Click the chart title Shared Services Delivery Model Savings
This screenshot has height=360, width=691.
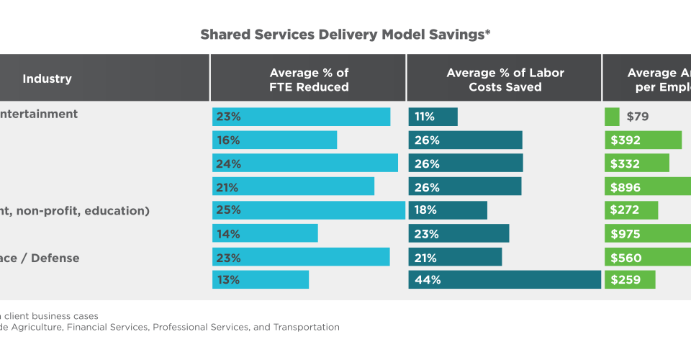(x=345, y=34)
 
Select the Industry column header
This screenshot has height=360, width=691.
(x=48, y=78)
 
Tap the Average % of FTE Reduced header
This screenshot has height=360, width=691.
(x=309, y=79)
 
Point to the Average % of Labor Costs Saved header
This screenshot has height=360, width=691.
(x=505, y=79)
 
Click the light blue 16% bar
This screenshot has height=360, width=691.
(x=275, y=140)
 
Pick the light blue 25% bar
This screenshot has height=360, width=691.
(x=309, y=210)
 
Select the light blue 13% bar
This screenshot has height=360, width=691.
(x=261, y=280)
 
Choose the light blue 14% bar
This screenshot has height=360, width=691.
(x=265, y=233)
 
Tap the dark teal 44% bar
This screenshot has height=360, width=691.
(x=505, y=280)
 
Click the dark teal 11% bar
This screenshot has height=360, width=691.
(x=433, y=117)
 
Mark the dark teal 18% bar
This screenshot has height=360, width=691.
(x=448, y=210)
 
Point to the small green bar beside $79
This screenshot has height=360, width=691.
(x=612, y=117)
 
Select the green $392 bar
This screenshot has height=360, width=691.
(x=643, y=140)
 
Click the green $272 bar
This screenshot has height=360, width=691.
(x=631, y=210)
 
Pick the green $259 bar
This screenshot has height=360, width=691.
(x=631, y=280)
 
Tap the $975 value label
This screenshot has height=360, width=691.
(x=625, y=234)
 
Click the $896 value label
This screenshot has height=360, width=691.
(x=625, y=187)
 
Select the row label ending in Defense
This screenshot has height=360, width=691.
(x=40, y=258)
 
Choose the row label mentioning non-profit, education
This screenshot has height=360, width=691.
(x=75, y=210)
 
